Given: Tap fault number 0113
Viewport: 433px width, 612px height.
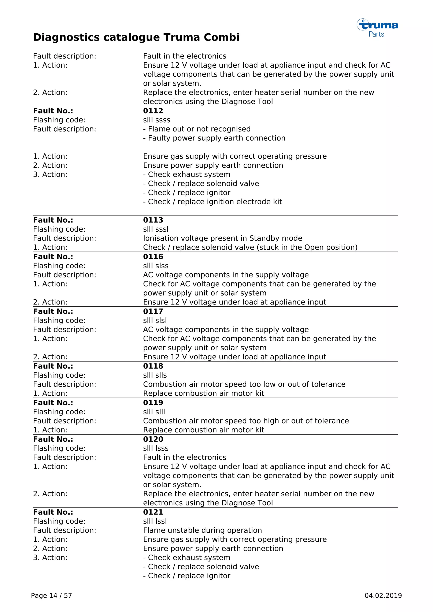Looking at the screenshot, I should (x=153, y=220).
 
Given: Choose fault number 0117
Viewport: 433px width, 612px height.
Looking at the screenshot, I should (x=153, y=311).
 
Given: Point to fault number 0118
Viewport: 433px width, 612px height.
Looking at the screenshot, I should (x=153, y=366).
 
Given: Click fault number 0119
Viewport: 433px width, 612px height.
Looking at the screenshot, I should (x=153, y=403).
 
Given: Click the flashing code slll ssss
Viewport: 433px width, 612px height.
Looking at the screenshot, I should (x=156, y=120).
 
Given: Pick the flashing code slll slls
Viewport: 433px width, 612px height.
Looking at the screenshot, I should (x=155, y=375).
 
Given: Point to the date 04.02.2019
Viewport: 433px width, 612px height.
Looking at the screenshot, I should (x=383, y=596).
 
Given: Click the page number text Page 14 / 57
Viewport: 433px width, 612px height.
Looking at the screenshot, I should (x=51, y=596).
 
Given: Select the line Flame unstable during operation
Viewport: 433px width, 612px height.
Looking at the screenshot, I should (x=202, y=530).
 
